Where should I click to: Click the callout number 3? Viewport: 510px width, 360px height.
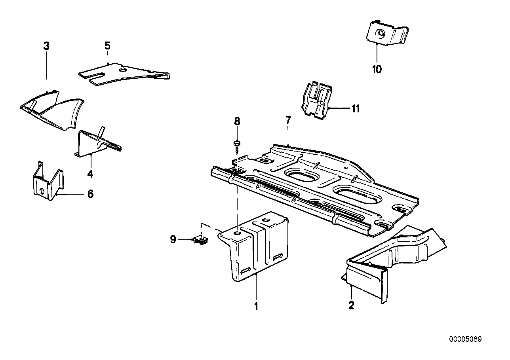(x=46, y=46)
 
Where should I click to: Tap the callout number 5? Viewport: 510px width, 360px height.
(x=107, y=46)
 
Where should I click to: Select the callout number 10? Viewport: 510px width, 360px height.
(x=377, y=69)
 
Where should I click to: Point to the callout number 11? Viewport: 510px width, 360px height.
(x=356, y=109)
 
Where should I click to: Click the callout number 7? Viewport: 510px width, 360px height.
(x=288, y=120)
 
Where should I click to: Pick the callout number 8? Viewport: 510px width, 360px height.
(x=237, y=121)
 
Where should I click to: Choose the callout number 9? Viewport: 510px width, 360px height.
(x=173, y=239)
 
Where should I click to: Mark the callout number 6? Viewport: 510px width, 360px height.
(x=91, y=194)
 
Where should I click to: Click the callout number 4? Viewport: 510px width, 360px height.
(x=90, y=174)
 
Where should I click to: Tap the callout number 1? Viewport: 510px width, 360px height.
(x=256, y=307)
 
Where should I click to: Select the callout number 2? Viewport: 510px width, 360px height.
(x=352, y=305)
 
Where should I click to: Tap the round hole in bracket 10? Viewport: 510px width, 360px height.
(x=381, y=34)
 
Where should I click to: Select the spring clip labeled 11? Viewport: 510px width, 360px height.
(x=316, y=100)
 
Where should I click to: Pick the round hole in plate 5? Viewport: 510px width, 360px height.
(x=123, y=69)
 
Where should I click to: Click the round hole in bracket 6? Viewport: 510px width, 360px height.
(x=42, y=191)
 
